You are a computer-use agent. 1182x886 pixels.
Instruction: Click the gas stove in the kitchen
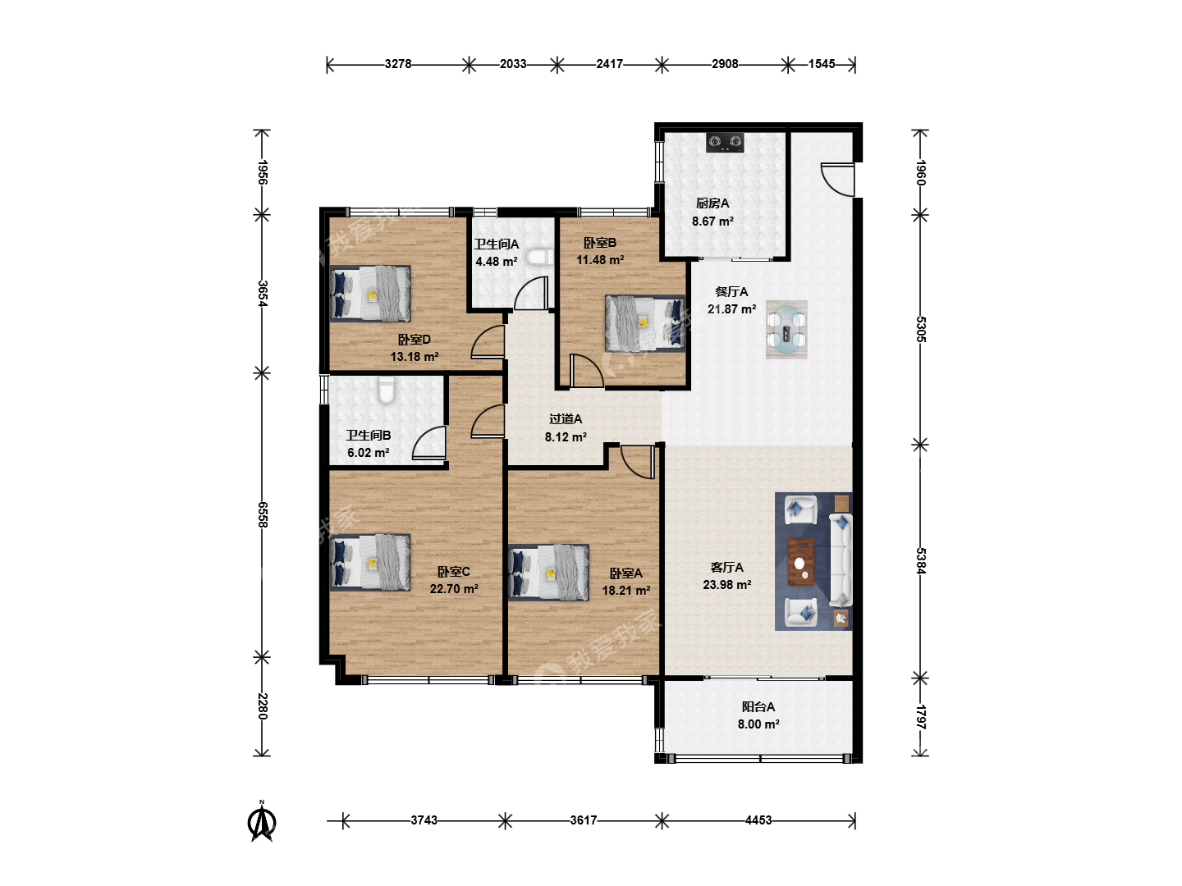point(725,142)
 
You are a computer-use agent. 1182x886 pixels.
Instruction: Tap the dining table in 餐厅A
point(786,329)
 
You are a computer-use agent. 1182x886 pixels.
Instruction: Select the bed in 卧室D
point(370,293)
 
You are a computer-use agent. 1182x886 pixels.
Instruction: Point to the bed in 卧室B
point(645,323)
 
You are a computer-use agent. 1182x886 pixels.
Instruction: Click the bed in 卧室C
point(370,562)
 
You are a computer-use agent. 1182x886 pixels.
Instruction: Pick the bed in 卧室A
point(548,573)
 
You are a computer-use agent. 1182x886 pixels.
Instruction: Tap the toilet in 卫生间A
point(540,257)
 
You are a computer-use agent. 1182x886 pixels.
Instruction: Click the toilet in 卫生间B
point(386,390)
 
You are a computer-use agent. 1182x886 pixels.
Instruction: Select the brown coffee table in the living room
point(801,562)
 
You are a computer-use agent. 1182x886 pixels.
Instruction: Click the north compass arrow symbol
point(262,821)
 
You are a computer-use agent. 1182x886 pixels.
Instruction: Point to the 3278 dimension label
point(398,64)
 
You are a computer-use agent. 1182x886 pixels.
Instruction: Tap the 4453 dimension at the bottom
point(758,820)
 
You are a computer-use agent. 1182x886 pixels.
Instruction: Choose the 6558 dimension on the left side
point(262,515)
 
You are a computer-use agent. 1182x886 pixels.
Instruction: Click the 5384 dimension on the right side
point(921,561)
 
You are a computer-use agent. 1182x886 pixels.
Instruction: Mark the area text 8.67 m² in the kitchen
point(712,221)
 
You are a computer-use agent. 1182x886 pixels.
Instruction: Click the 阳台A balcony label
point(758,707)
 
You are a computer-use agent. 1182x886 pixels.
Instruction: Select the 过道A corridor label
point(566,419)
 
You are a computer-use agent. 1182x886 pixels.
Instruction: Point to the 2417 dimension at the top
point(610,64)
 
